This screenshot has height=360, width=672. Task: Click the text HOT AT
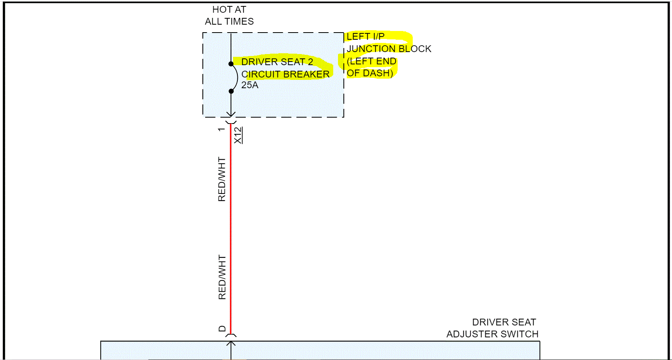click(229, 10)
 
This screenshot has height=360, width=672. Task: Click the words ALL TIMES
click(229, 21)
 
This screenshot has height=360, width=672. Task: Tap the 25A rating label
click(250, 85)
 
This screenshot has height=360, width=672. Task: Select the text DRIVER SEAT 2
click(277, 62)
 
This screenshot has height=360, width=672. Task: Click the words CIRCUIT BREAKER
click(286, 74)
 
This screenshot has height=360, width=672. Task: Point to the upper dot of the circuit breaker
click(231, 64)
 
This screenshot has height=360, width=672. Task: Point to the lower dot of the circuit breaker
click(231, 91)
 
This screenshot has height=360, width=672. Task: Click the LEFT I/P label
click(365, 37)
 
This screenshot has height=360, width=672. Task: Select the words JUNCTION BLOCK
click(389, 49)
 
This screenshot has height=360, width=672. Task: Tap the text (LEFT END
click(371, 61)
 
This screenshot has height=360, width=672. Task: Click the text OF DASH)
click(370, 73)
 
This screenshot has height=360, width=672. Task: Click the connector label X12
click(238, 135)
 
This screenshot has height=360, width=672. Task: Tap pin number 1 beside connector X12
click(221, 129)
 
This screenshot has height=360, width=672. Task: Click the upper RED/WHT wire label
click(222, 179)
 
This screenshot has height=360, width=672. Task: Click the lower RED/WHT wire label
click(222, 277)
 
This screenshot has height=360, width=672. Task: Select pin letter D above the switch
click(222, 329)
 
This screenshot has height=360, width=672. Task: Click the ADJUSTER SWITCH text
click(492, 334)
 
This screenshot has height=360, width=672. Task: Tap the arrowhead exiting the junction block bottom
click(231, 115)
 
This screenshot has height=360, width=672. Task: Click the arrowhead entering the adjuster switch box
click(231, 343)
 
